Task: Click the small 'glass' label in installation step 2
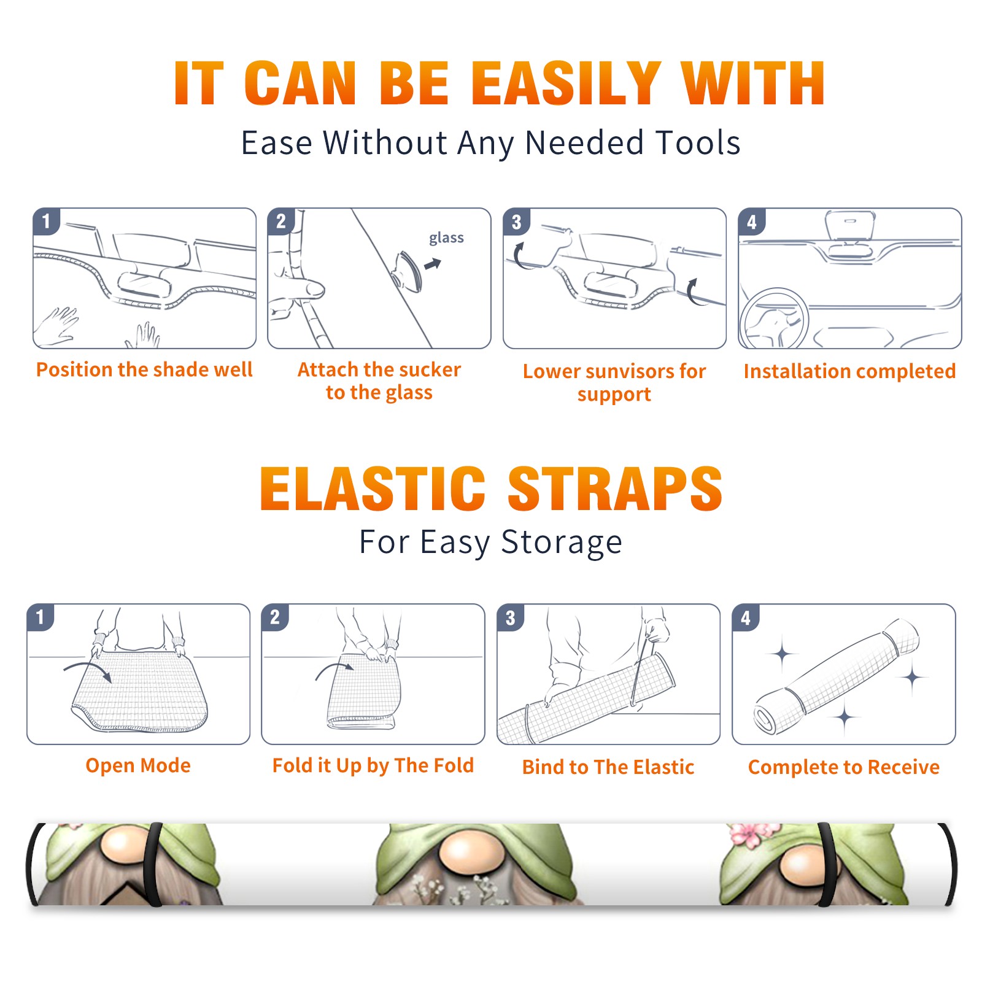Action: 446,238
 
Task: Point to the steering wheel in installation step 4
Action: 774,319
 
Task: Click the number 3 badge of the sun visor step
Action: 516,222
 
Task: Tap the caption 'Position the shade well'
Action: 144,369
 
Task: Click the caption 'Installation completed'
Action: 849,371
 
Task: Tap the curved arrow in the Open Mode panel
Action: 87,671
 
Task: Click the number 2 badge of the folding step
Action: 275,617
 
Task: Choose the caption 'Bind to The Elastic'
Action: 608,767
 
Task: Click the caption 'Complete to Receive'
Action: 844,767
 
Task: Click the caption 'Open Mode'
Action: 138,766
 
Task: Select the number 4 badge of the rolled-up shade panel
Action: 746,617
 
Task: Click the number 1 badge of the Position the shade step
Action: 46,221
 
